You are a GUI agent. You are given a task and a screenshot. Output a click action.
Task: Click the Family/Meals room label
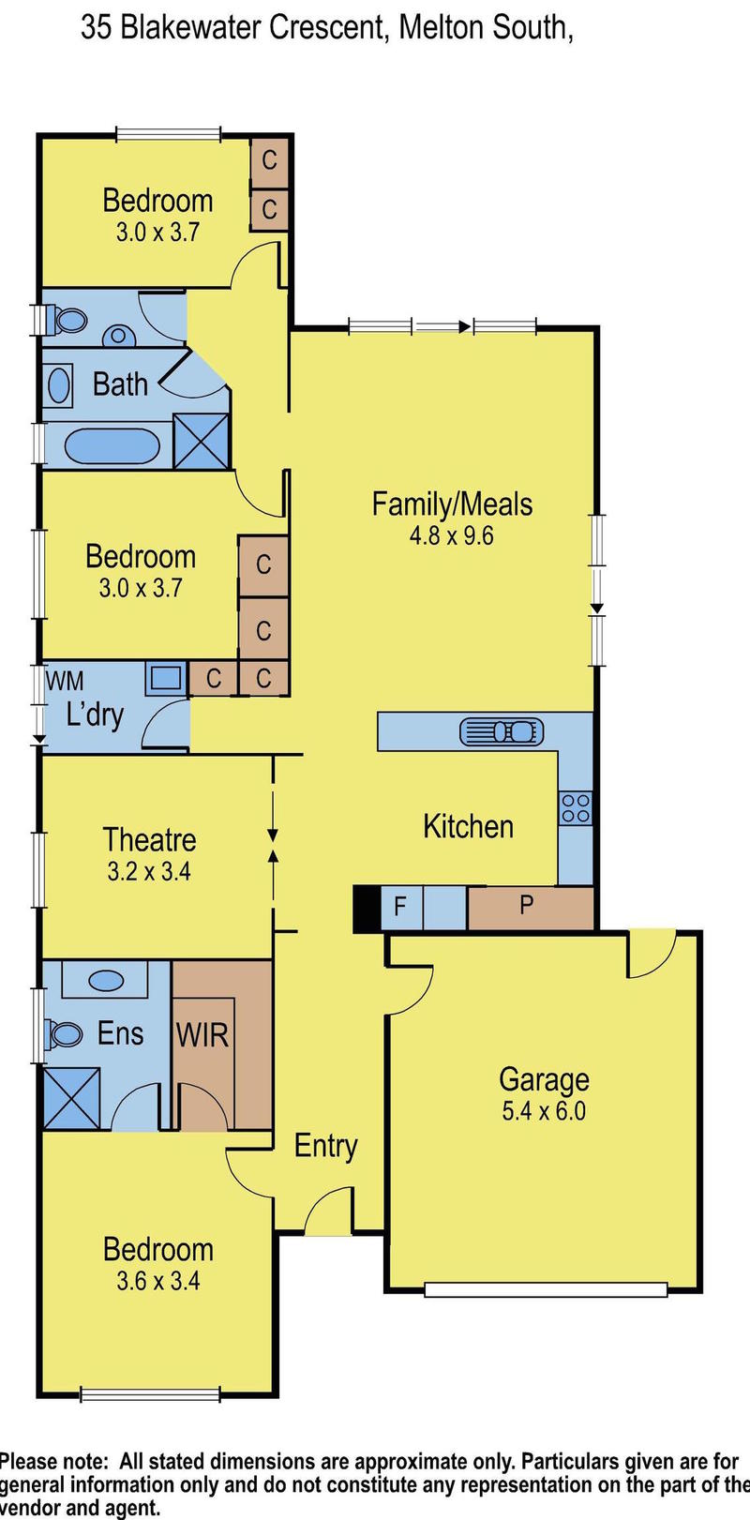click(x=452, y=504)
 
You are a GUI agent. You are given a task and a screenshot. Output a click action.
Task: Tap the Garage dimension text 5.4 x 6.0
click(x=544, y=1111)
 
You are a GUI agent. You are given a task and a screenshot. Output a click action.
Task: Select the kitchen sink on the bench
click(x=502, y=730)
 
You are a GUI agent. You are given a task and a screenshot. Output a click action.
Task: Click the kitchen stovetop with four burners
click(x=575, y=808)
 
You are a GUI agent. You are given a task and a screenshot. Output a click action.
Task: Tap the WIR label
click(x=202, y=1035)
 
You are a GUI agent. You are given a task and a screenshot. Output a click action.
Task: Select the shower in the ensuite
click(x=72, y=1099)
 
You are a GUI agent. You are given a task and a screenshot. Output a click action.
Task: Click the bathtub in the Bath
click(x=112, y=446)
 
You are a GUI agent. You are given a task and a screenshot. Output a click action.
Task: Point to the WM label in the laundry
click(x=65, y=680)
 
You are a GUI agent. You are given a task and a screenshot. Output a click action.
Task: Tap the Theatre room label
click(x=149, y=840)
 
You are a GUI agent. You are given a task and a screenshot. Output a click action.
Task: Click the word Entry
click(x=326, y=1146)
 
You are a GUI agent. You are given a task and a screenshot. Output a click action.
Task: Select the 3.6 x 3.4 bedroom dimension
click(x=158, y=1281)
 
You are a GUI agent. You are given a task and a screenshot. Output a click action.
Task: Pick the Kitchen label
click(x=469, y=826)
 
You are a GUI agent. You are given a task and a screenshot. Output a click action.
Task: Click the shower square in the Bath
click(x=202, y=441)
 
